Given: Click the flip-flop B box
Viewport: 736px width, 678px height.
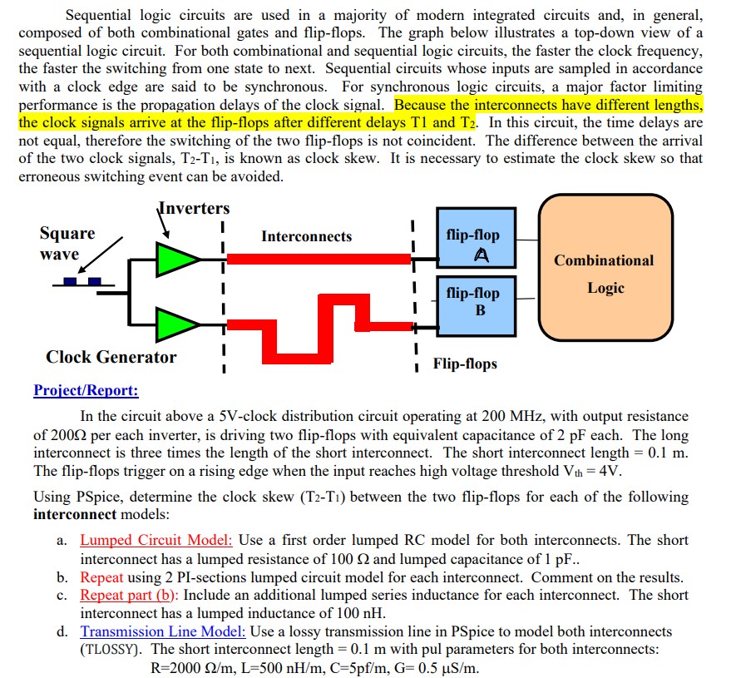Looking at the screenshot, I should pyautogui.click(x=473, y=301).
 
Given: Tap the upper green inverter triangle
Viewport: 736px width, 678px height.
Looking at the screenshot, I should pyautogui.click(x=175, y=259).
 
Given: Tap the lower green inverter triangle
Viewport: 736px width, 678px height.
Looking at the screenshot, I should pyautogui.click(x=175, y=322).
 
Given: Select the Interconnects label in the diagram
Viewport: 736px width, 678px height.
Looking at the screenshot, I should pyautogui.click(x=306, y=236).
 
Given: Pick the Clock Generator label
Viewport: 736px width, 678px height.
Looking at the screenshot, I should pyautogui.click(x=111, y=357).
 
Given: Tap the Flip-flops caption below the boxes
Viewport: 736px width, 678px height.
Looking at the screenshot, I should pyautogui.click(x=465, y=364).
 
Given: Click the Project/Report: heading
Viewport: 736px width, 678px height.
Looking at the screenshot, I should pyautogui.click(x=86, y=390).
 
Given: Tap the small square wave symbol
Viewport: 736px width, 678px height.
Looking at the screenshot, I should pyautogui.click(x=83, y=281).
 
